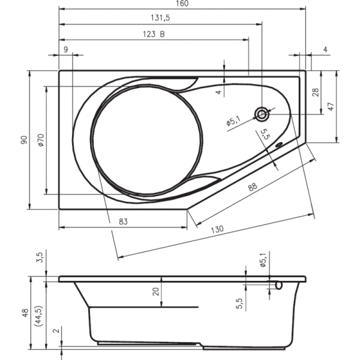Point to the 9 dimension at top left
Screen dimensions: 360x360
pyautogui.click(x=65, y=50)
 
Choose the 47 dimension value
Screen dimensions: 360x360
pyautogui.click(x=330, y=106)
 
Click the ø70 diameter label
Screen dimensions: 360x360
pyautogui.click(x=40, y=140)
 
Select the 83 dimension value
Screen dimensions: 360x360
pyautogui.click(x=123, y=221)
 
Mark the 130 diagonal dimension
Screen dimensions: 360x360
pyautogui.click(x=217, y=229)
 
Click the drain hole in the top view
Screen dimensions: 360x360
pyautogui.click(x=262, y=114)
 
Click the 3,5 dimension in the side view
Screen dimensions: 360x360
pyautogui.click(x=40, y=258)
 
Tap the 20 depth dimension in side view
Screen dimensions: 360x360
pyautogui.click(x=155, y=292)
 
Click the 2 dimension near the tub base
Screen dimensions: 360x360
pyautogui.click(x=55, y=331)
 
